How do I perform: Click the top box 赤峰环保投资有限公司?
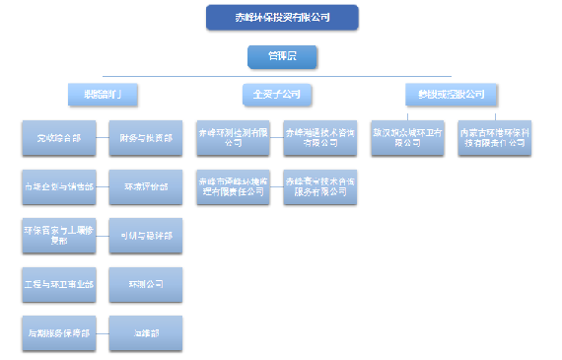(x=282, y=17)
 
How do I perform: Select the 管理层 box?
(x=282, y=58)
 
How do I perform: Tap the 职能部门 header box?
(x=103, y=95)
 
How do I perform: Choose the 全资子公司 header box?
(x=277, y=95)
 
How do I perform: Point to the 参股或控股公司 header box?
(x=451, y=95)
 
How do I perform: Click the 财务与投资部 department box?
(x=146, y=139)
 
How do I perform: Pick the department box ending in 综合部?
(x=58, y=139)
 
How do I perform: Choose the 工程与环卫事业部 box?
(x=58, y=284)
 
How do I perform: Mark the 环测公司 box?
(x=146, y=284)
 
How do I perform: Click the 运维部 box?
(x=146, y=333)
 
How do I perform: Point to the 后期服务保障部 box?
(x=58, y=333)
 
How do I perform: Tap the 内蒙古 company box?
(x=496, y=136)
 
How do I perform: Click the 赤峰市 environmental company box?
(x=234, y=187)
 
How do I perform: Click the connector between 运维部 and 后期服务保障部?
(x=103, y=333)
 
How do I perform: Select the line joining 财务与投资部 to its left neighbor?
(x=103, y=139)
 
